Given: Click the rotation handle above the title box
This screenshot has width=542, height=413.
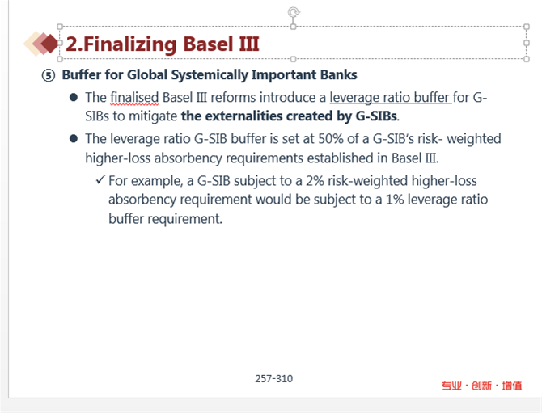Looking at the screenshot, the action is [x=294, y=12].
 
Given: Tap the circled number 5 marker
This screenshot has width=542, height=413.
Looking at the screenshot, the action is [x=49, y=75].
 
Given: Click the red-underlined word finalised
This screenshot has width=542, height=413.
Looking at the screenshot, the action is [x=134, y=98].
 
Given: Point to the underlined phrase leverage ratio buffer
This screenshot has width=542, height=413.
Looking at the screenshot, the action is [x=390, y=98].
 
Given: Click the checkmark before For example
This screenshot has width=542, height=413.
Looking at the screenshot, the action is [x=100, y=179].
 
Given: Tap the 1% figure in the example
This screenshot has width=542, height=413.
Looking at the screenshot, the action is [x=395, y=200].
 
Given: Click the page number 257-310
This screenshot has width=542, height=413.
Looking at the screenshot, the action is [x=273, y=379].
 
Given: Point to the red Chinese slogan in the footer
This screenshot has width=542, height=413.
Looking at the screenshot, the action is [x=481, y=386].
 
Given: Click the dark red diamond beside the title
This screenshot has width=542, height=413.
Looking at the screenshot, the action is [x=50, y=44].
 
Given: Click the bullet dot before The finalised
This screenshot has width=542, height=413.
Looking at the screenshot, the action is [x=74, y=97].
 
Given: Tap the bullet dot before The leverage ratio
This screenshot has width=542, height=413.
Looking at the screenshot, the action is [x=74, y=139].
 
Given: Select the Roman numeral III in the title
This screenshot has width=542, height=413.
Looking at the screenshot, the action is [x=249, y=44].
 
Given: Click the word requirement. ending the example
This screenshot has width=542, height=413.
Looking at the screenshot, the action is [x=184, y=219].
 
